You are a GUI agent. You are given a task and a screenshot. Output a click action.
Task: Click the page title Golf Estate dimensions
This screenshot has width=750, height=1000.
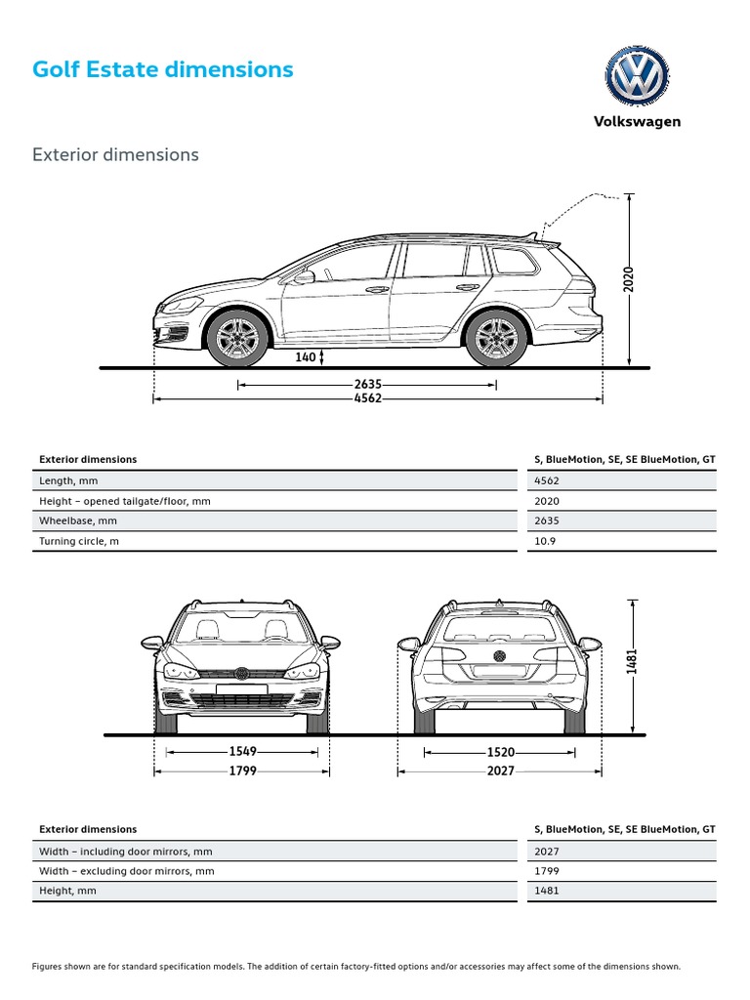pyautogui.click(x=162, y=69)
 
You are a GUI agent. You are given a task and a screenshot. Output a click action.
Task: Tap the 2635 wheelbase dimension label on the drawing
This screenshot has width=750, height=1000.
pyautogui.click(x=367, y=385)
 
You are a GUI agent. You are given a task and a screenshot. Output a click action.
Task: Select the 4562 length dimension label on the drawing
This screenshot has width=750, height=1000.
pyautogui.click(x=367, y=398)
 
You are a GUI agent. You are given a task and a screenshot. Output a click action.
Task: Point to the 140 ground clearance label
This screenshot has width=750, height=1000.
pyautogui.click(x=306, y=357)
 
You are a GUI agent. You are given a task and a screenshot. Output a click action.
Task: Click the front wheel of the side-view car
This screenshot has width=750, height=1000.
pyautogui.click(x=238, y=338)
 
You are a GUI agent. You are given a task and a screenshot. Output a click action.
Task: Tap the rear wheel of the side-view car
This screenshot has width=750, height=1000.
pyautogui.click(x=496, y=338)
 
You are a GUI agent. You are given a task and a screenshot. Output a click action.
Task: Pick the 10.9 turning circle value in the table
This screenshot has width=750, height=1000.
pyautogui.click(x=545, y=541)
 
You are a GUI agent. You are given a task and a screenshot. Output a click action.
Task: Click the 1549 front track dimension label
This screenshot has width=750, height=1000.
pyautogui.click(x=242, y=752)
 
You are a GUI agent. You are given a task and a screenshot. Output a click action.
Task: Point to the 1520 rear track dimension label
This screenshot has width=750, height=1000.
pyautogui.click(x=500, y=752)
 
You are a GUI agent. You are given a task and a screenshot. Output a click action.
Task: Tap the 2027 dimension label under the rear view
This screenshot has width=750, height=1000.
pyautogui.click(x=500, y=771)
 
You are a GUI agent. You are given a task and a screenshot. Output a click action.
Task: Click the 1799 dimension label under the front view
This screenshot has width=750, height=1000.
pyautogui.click(x=242, y=771)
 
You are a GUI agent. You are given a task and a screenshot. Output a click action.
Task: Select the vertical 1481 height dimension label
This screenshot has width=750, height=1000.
pyautogui.click(x=632, y=662)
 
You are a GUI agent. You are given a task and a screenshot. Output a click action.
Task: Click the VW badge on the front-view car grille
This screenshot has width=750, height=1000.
pyautogui.click(x=241, y=673)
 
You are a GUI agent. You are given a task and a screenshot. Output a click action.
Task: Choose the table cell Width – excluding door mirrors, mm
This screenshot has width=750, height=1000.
pyautogui.click(x=126, y=871)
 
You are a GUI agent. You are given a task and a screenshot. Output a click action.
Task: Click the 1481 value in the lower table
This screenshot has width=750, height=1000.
pyautogui.click(x=547, y=891)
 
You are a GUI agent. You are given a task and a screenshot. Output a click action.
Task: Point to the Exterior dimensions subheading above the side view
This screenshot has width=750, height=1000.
pyautogui.click(x=115, y=154)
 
